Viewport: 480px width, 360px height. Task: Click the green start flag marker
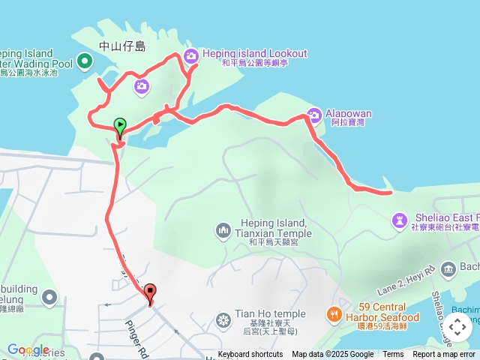[x=120, y=127]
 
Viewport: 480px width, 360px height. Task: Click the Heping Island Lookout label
[x=254, y=53]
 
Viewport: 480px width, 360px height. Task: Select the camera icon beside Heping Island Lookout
[x=191, y=55]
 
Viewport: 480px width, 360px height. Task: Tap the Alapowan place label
[x=349, y=114]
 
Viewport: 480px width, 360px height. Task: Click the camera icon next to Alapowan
[x=315, y=115]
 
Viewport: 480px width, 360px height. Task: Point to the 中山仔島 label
[x=122, y=46]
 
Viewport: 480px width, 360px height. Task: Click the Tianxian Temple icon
[x=223, y=229]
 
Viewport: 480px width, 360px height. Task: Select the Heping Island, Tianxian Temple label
[x=271, y=229]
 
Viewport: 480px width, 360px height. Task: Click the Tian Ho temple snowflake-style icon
[x=223, y=322]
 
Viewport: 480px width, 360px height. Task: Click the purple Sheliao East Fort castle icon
[x=399, y=220]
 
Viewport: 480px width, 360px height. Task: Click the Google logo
[x=28, y=349]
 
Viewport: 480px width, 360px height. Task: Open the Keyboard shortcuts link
[x=250, y=355]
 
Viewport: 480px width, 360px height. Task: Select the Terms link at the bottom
[x=393, y=355]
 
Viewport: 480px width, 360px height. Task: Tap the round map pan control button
[x=457, y=327]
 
